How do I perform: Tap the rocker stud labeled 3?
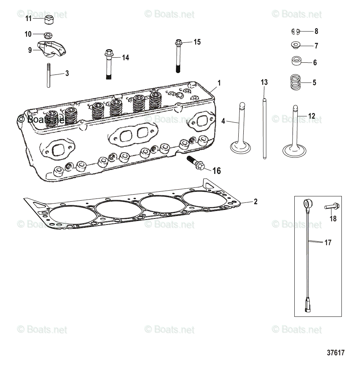click(47, 75)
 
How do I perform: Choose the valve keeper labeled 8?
click(295, 31)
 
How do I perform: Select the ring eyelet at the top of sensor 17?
click(306, 204)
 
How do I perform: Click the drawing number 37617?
click(335, 353)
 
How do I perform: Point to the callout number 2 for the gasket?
click(255, 202)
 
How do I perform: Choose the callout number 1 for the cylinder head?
click(219, 83)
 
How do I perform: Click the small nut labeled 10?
click(47, 35)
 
